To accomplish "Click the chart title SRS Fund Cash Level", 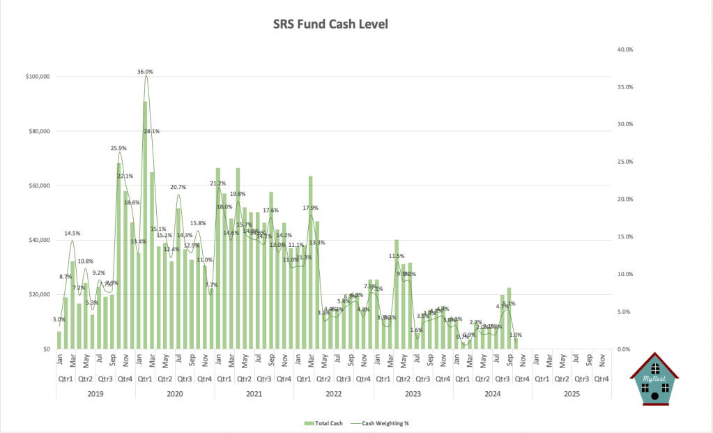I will (330, 24).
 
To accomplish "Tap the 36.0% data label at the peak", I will (145, 72).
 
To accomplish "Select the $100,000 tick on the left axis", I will (37, 77).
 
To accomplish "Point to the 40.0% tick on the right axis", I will (624, 50).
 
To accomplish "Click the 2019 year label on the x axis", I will (95, 393).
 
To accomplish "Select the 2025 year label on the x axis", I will (572, 393).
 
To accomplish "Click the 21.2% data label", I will (217, 183).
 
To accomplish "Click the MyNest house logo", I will (654, 377).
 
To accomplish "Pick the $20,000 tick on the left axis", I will (39, 295).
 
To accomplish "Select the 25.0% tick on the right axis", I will (624, 162).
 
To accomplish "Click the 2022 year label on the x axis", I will (333, 393).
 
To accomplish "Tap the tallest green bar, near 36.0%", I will (145, 223).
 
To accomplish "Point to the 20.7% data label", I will (178, 188).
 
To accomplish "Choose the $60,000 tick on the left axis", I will (39, 186).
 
